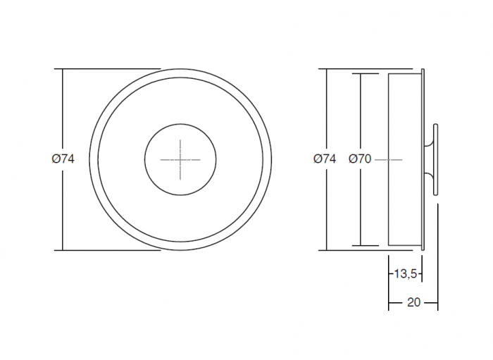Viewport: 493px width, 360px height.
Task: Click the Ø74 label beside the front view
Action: pyautogui.click(x=63, y=159)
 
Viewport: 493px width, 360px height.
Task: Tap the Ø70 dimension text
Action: pyautogui.click(x=359, y=159)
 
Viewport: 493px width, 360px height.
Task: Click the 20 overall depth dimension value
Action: pyautogui.click(x=413, y=302)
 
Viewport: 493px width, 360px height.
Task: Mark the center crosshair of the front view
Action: pyautogui.click(x=180, y=160)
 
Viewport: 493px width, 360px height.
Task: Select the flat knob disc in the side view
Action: pyautogui.click(x=437, y=160)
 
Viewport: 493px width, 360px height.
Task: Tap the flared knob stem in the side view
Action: pyautogui.click(x=428, y=160)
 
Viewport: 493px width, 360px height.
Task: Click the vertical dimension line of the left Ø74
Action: pyautogui.click(x=63, y=211)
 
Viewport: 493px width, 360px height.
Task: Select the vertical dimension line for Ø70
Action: pyautogui.click(x=361, y=211)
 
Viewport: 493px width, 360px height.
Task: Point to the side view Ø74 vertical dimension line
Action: pyautogui.click(x=326, y=211)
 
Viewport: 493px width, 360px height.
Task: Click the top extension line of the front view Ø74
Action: pyautogui.click(x=106, y=69)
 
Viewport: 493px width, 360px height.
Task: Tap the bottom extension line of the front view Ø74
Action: pyautogui.click(x=106, y=250)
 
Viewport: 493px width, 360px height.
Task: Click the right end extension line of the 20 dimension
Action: pyautogui.click(x=437, y=282)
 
